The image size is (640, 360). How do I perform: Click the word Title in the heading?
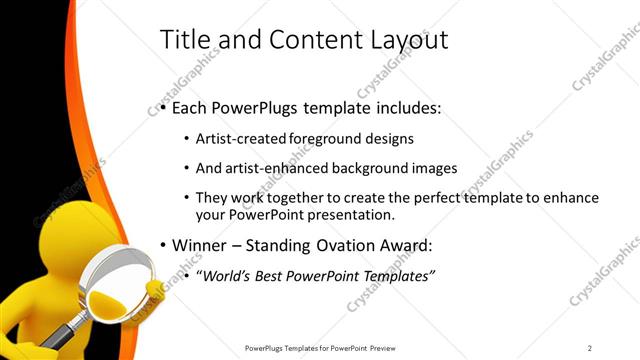(186, 40)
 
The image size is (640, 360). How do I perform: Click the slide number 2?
(590, 348)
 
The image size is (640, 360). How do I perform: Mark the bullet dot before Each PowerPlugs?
(162, 108)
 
